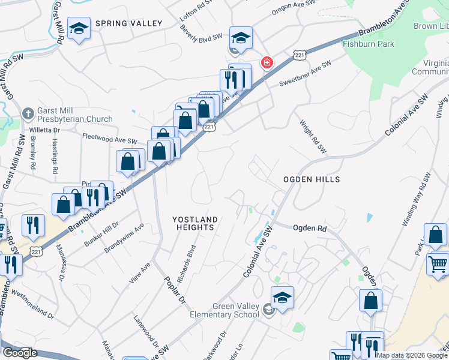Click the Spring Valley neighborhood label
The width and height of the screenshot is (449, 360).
pyautogui.click(x=128, y=23)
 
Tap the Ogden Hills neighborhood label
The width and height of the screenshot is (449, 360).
pyautogui.click(x=312, y=179)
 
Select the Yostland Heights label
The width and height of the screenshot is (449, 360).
pyautogui.click(x=193, y=223)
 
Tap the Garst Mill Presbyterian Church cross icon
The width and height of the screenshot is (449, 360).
pyautogui.click(x=28, y=113)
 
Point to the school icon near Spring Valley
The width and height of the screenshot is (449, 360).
pyautogui.click(x=79, y=29)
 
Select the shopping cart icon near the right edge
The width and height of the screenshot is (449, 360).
pyautogui.click(x=438, y=264)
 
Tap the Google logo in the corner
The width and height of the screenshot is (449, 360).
pyautogui.click(x=20, y=353)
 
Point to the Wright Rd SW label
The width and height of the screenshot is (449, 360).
pyautogui.click(x=312, y=136)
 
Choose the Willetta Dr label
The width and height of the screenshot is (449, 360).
pyautogui.click(x=45, y=129)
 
